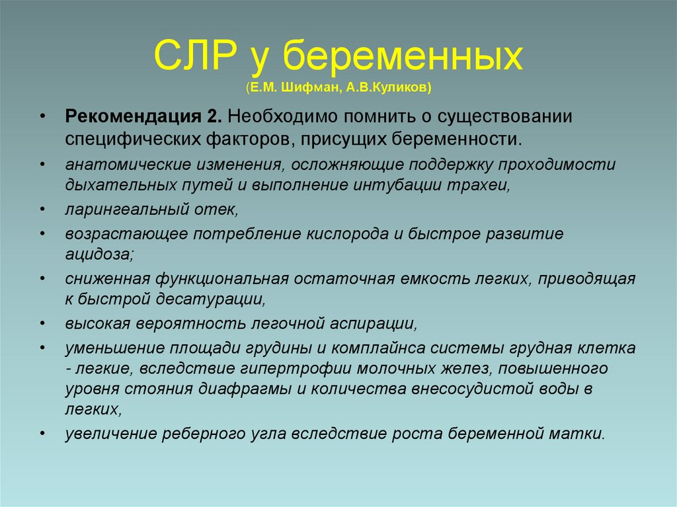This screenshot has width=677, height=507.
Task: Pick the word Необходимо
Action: tap(280, 117)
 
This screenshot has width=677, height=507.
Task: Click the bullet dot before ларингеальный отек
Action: tap(43, 210)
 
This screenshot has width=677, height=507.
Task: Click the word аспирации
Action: tap(376, 323)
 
